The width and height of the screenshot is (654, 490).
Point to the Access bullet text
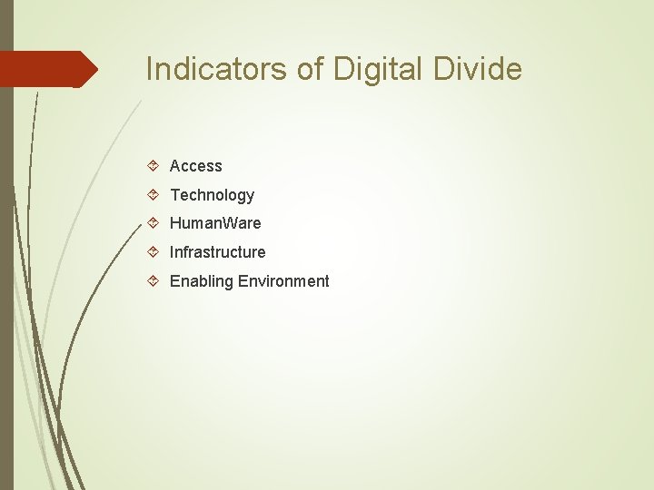pos(195,166)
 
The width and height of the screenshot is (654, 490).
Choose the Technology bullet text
pos(212,195)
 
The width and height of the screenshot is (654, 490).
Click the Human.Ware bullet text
pos(215,223)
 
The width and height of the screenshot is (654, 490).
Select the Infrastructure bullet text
pos(217,252)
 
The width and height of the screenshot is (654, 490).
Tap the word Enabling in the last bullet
pos(202,281)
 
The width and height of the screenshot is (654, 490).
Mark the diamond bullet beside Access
pos(154,166)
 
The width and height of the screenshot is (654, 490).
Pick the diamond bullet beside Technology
pos(154,194)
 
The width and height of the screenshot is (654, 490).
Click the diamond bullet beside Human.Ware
pos(154,223)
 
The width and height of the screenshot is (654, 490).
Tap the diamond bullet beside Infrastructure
pos(154,252)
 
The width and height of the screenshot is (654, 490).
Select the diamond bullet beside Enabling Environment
pos(154,281)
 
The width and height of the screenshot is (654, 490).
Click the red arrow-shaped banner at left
pos(45,69)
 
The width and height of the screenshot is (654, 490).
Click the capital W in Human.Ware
pos(223,223)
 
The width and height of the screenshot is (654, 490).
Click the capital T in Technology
pos(174,195)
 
